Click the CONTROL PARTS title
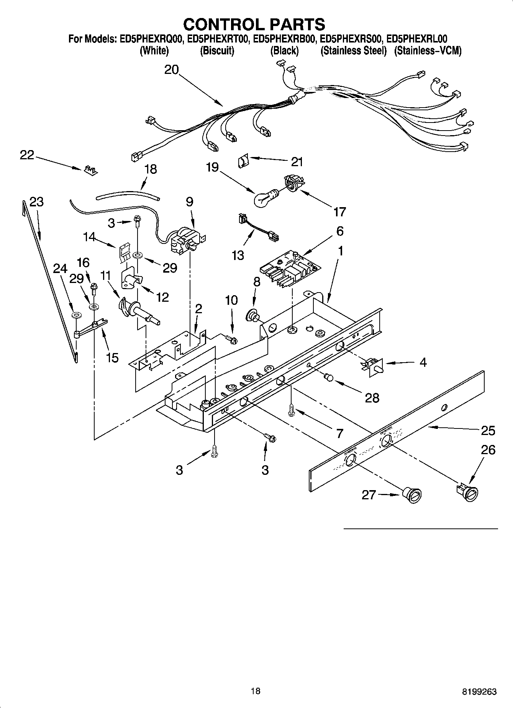254,24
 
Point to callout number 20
172,70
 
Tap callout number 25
488,430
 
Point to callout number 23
37,202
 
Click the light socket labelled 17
293,183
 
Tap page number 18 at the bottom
255,691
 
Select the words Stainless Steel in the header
353,51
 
